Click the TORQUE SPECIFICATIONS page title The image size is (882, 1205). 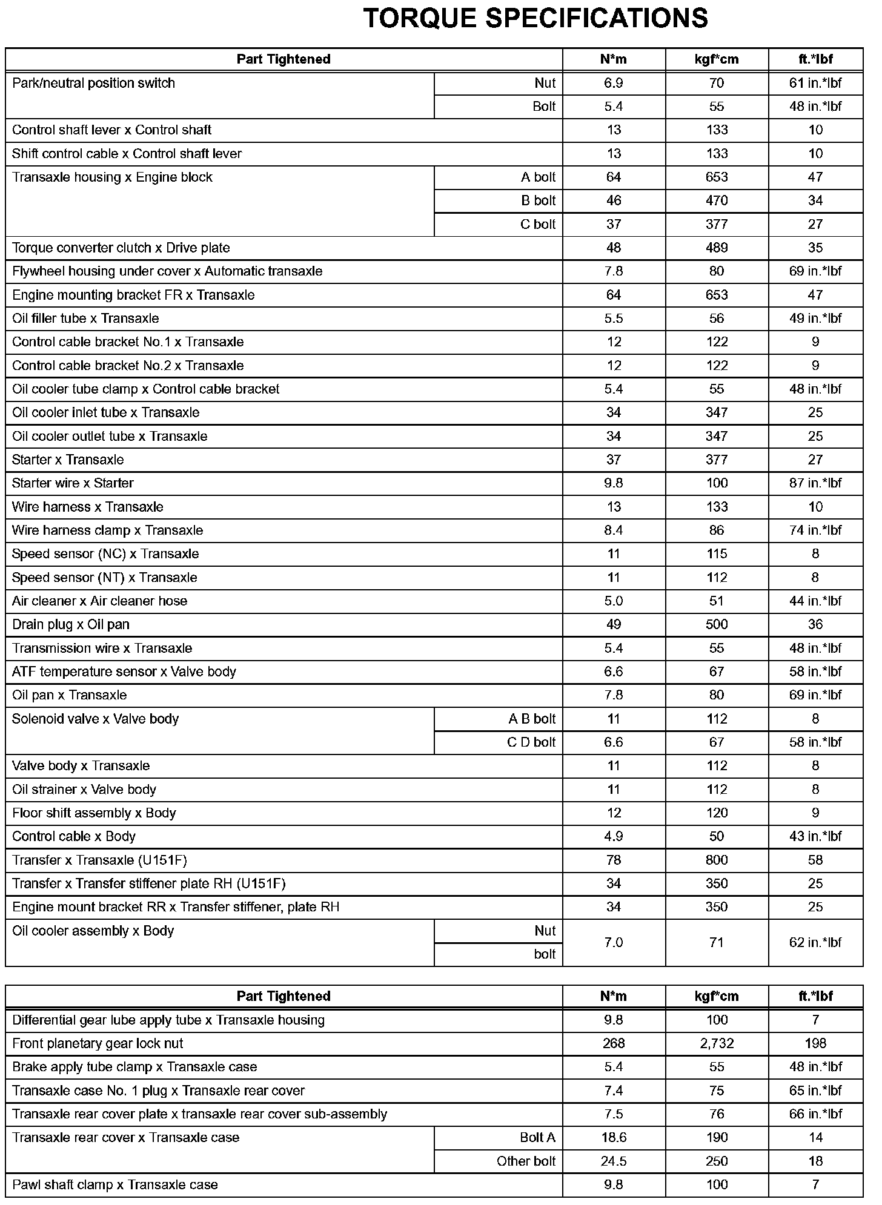pyautogui.click(x=535, y=19)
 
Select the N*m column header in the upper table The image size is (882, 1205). pyautogui.click(x=614, y=59)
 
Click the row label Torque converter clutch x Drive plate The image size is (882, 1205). pyautogui.click(x=121, y=248)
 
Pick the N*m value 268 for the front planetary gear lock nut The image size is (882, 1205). pyautogui.click(x=614, y=1043)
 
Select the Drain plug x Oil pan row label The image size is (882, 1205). pyautogui.click(x=71, y=624)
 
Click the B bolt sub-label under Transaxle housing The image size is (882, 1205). pyautogui.click(x=538, y=200)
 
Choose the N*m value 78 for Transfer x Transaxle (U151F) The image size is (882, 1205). pyautogui.click(x=614, y=860)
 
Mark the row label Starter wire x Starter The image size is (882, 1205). pyautogui.click(x=73, y=483)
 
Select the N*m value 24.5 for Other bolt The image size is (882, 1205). pyautogui.click(x=614, y=1161)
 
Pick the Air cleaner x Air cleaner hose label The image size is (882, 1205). pyautogui.click(x=100, y=601)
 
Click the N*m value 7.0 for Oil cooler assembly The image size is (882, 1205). pyautogui.click(x=614, y=942)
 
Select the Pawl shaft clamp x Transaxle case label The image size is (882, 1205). pyautogui.click(x=115, y=1185)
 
